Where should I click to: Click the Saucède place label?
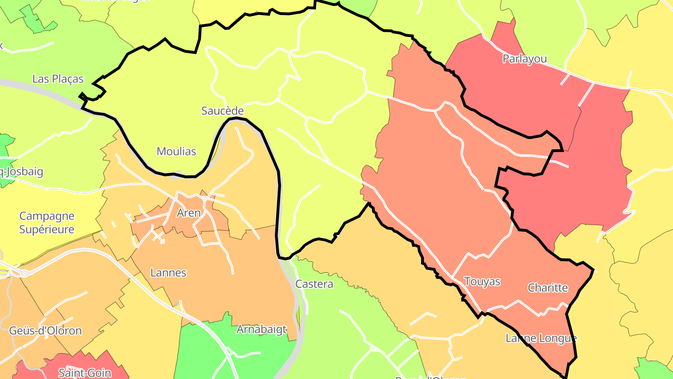coord(222,111)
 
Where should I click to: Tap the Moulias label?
coord(176,151)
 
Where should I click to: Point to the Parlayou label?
coord(524,59)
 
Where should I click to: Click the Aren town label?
coord(188,213)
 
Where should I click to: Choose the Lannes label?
coord(168,272)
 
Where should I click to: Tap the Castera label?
coord(314,284)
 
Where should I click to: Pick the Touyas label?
coord(482,282)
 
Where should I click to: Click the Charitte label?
coord(548,288)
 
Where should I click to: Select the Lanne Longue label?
coord(541,338)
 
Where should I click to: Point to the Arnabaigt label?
coord(261,329)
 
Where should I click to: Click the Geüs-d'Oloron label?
coord(45,331)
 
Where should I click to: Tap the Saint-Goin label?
coord(85,372)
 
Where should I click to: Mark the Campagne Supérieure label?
coord(47,223)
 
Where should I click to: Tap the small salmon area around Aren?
coord(150,225)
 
